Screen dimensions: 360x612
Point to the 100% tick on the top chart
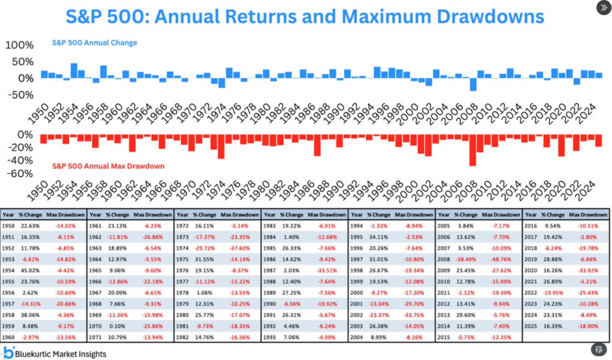[20, 45]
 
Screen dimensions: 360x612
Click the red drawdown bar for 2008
[472, 150]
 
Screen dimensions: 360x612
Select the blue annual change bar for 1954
[74, 71]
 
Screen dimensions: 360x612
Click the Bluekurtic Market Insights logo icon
[8, 352]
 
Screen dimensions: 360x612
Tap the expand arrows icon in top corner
[604, 8]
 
